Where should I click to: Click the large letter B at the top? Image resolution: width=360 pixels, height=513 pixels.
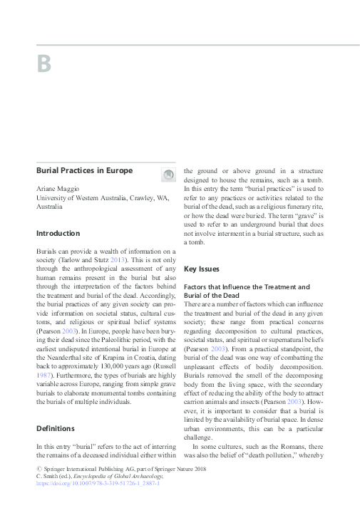coord(43,64)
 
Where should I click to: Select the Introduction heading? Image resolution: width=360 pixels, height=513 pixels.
coord(58,233)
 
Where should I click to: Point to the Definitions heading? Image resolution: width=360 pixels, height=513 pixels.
coord(56,428)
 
